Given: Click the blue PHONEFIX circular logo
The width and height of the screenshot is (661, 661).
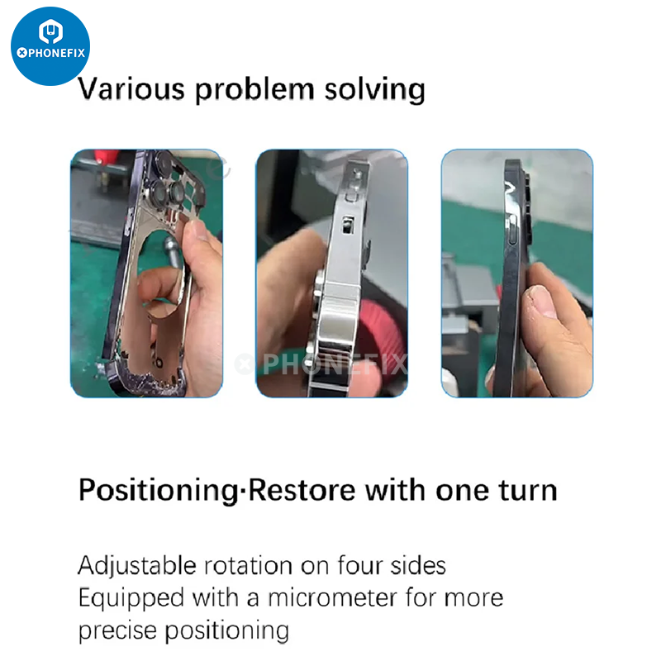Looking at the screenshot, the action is click(50, 46).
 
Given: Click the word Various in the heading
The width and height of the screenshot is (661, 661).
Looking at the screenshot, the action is click(131, 89).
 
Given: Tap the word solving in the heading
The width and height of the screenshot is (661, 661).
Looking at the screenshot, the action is click(375, 90).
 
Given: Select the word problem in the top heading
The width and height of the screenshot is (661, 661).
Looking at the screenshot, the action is click(254, 90).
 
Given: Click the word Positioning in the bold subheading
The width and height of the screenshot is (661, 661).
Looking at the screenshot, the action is click(159, 491).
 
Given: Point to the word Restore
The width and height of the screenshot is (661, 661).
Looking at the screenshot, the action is click(302, 490).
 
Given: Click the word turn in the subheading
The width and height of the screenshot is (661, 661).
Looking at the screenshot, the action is click(528, 491).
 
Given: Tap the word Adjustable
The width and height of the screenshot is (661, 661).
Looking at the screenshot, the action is click(137, 566).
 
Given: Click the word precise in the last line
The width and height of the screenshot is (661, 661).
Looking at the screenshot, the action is click(117, 631).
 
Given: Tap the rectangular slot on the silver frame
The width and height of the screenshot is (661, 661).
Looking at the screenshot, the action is click(348, 225).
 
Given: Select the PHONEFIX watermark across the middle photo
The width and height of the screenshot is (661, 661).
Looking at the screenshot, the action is click(321, 364).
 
